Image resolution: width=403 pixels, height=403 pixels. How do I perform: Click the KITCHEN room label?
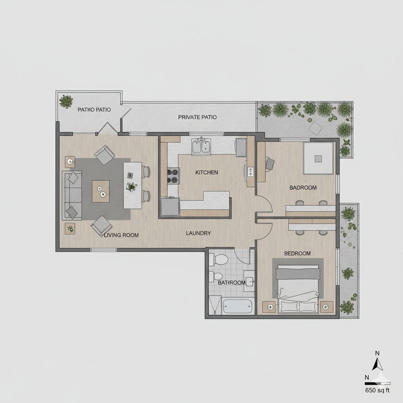tap(206, 172)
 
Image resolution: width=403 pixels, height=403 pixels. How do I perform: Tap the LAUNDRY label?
tap(198, 233)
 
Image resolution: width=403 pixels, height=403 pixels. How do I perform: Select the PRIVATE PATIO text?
tap(197, 117)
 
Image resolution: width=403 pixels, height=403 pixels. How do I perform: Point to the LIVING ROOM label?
tap(121, 235)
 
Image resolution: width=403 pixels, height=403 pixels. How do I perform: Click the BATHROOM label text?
tap(231, 282)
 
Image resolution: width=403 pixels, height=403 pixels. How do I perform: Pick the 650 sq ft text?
tap(377, 390)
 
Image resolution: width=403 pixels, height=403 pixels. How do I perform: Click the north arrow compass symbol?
tap(378, 362)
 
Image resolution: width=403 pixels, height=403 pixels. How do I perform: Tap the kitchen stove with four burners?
tap(174, 176)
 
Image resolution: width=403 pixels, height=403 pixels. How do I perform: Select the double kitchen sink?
tap(201, 147)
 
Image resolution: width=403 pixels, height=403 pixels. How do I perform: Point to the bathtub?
tap(237, 306)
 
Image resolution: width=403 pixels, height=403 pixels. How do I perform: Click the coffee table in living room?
tap(101, 191)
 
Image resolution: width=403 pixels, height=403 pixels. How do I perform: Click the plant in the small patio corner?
tap(66, 101)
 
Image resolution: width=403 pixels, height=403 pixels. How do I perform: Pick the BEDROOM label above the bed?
tap(297, 253)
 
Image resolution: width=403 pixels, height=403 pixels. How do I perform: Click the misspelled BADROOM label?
tap(303, 188)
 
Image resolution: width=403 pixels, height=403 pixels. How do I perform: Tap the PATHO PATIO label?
tap(94, 109)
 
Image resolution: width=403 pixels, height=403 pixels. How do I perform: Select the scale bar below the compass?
tap(377, 382)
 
